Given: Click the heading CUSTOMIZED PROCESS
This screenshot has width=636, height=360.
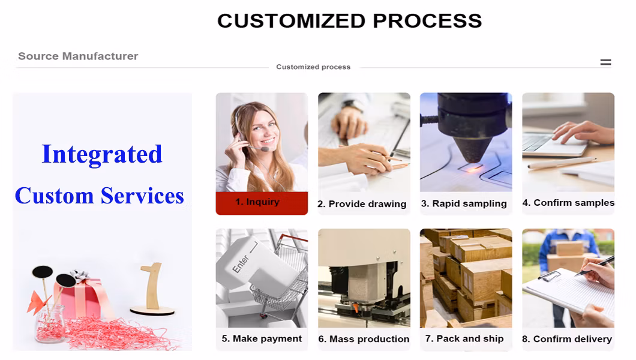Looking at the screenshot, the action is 349,21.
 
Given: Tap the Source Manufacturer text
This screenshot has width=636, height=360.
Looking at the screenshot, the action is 78,56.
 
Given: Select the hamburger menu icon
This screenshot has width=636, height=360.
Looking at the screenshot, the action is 605,62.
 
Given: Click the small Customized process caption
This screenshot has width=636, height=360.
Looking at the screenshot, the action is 313,67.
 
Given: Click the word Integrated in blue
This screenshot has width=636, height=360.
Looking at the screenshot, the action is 102,154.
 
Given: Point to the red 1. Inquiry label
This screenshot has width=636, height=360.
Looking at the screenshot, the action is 262,203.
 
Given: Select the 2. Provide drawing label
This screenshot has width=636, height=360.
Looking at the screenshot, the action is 362,204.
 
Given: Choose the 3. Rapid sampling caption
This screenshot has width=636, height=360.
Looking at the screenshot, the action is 464,203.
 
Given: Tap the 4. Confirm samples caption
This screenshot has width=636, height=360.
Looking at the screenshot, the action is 568,203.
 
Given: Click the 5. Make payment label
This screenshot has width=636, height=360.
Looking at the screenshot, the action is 262,339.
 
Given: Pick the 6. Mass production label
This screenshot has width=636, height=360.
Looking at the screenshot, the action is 364,339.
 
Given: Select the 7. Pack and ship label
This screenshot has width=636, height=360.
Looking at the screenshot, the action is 464,338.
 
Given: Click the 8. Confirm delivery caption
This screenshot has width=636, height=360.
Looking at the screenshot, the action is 567,339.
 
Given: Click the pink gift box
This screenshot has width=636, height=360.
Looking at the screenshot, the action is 83,298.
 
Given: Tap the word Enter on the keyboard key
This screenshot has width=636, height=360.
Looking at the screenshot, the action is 241,264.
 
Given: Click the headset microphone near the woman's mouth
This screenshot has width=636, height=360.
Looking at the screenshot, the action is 265,149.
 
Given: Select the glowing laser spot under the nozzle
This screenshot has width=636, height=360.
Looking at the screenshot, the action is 472,169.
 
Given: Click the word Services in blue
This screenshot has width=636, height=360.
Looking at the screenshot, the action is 142,196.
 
